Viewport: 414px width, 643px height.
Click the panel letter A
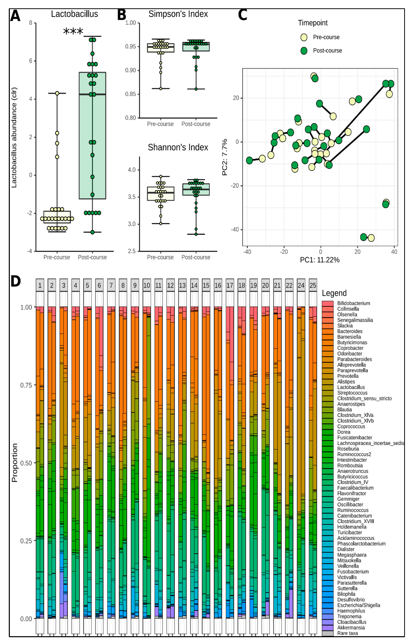15,16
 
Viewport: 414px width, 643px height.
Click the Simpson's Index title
178,14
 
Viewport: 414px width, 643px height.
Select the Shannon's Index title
178,147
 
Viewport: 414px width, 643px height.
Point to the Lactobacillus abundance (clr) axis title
14,138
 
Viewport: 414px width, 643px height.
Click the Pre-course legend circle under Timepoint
304,37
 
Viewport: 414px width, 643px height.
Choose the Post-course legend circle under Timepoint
304,51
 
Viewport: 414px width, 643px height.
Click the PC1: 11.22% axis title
320,260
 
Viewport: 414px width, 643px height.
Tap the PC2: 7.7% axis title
225,157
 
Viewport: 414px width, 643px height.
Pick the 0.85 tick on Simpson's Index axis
131,94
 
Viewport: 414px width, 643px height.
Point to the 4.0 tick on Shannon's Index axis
132,170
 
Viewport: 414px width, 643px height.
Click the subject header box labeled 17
230,285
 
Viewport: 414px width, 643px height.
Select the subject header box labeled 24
301,285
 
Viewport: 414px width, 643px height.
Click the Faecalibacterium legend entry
348,488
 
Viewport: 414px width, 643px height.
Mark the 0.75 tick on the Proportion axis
26,385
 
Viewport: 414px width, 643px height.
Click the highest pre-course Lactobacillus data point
57,93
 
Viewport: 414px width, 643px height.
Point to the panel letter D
16,281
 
